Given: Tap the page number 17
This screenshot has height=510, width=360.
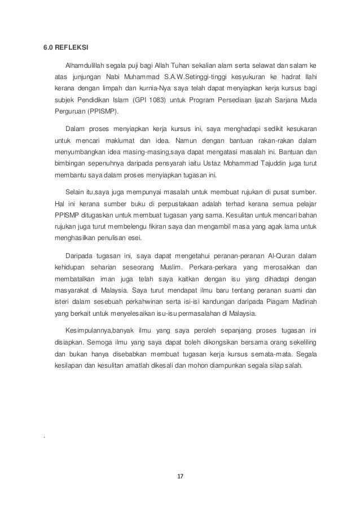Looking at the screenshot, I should pos(180,476).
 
